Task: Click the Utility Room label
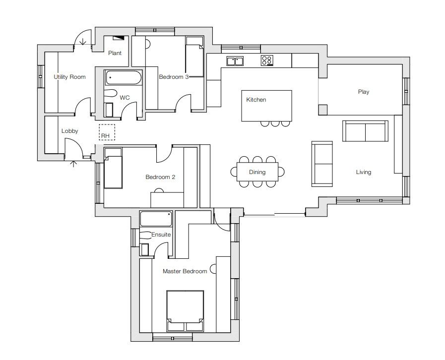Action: (69, 77)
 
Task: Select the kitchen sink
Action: (235, 61)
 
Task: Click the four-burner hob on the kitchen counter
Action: (267, 60)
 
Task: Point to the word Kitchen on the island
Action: (256, 100)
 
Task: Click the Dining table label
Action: (257, 172)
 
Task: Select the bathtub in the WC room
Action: (124, 77)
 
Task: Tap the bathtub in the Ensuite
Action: (156, 219)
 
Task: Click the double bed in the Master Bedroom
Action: (185, 311)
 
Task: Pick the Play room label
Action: (364, 92)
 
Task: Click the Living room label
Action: (364, 172)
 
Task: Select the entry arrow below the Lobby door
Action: (73, 164)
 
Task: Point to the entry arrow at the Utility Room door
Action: (82, 42)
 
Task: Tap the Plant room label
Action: (115, 53)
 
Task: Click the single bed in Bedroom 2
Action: (113, 168)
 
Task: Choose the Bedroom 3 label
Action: (174, 77)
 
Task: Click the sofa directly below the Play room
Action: (365, 131)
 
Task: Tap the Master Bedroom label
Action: (185, 271)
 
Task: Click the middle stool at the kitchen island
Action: (275, 123)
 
